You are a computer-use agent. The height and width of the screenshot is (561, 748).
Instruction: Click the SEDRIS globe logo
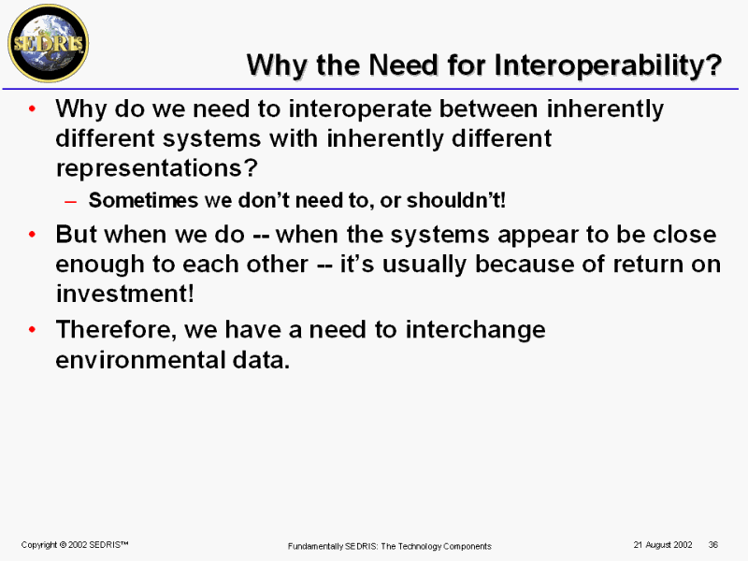(x=49, y=43)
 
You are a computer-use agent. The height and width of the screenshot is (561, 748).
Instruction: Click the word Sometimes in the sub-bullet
(x=143, y=200)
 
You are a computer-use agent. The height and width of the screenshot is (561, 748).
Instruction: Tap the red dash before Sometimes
(x=70, y=201)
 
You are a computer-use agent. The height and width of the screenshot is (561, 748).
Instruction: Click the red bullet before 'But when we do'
(x=32, y=235)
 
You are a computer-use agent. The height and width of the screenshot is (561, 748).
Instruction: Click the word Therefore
(x=116, y=330)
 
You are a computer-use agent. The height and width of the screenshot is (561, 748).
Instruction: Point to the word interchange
(x=476, y=330)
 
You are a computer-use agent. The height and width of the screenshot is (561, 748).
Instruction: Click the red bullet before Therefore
(x=32, y=330)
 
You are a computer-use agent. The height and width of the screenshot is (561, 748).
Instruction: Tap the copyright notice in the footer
(x=75, y=545)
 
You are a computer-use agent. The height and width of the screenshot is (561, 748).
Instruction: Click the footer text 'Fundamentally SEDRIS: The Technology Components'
(x=389, y=546)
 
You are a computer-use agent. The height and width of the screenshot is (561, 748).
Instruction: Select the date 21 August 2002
(x=663, y=545)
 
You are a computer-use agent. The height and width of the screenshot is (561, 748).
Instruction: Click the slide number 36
(x=713, y=545)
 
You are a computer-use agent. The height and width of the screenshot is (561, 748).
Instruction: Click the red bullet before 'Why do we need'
(x=32, y=108)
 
